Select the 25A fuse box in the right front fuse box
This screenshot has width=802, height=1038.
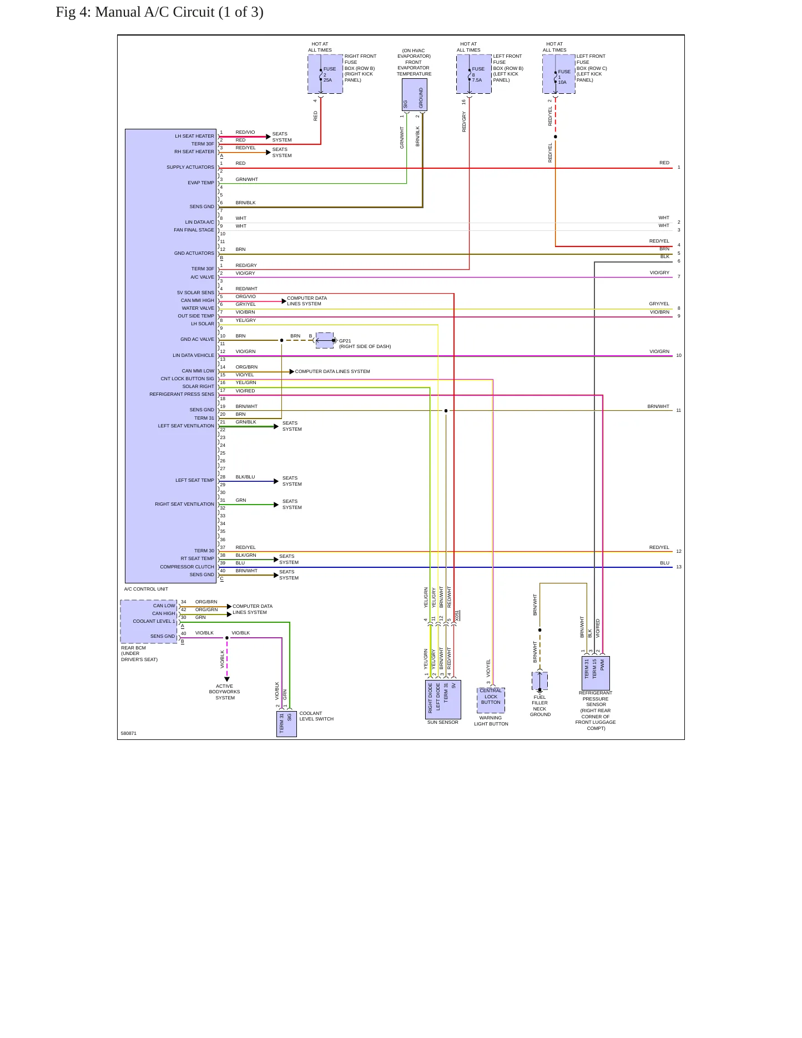coord(325,74)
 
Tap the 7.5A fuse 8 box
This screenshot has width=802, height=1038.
coord(474,74)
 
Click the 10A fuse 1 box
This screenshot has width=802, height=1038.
coord(559,74)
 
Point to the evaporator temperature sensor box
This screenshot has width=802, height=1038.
coord(414,95)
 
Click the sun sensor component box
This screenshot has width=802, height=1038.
coord(443,699)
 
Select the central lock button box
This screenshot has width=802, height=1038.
coord(491,701)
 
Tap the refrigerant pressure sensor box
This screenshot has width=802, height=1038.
coord(596,673)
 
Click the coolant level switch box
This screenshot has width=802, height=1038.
coord(286,724)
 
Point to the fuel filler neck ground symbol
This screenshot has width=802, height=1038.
coord(539,681)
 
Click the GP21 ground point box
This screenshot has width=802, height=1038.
coord(325,340)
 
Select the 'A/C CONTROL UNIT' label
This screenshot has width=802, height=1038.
coord(146,589)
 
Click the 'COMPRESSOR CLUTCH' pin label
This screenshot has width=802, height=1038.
coord(187,567)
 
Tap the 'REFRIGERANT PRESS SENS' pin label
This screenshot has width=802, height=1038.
coord(181,394)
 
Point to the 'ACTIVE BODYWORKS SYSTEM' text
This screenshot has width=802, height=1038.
coord(225,692)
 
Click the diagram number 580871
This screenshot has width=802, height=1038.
coord(129,733)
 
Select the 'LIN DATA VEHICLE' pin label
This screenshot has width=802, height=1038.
coord(193,355)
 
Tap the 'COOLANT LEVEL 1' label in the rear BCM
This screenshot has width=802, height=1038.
coord(154,621)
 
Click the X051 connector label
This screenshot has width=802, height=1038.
coord(457,616)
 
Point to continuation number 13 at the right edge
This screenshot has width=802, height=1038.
coord(679,567)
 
